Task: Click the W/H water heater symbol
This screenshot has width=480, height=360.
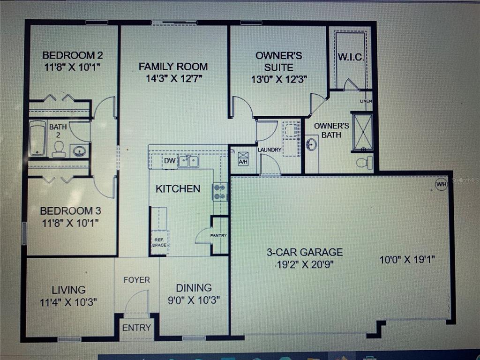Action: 442,185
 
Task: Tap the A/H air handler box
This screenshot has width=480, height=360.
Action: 243,158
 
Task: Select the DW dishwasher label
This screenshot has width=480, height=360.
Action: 170,161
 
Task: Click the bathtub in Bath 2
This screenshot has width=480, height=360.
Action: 37,138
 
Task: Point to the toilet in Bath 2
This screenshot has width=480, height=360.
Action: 59,149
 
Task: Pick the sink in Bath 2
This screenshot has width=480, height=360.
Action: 80,151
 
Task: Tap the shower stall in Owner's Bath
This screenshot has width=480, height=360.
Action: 362,132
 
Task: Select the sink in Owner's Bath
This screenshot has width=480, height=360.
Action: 311,144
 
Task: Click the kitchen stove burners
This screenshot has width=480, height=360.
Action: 220,192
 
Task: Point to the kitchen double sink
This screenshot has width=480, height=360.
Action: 188,161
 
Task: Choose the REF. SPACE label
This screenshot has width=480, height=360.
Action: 159,242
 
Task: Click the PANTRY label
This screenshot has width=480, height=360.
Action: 218,235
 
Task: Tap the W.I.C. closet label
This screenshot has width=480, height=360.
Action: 351,57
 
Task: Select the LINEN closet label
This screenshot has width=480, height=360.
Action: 366,101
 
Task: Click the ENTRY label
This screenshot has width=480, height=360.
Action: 136,328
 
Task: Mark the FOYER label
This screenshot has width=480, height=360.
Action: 137,280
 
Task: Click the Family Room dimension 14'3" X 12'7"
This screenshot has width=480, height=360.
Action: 173,79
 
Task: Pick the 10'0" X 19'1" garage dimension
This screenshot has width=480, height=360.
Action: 407,260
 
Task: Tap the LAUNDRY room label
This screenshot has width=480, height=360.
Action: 270,150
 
